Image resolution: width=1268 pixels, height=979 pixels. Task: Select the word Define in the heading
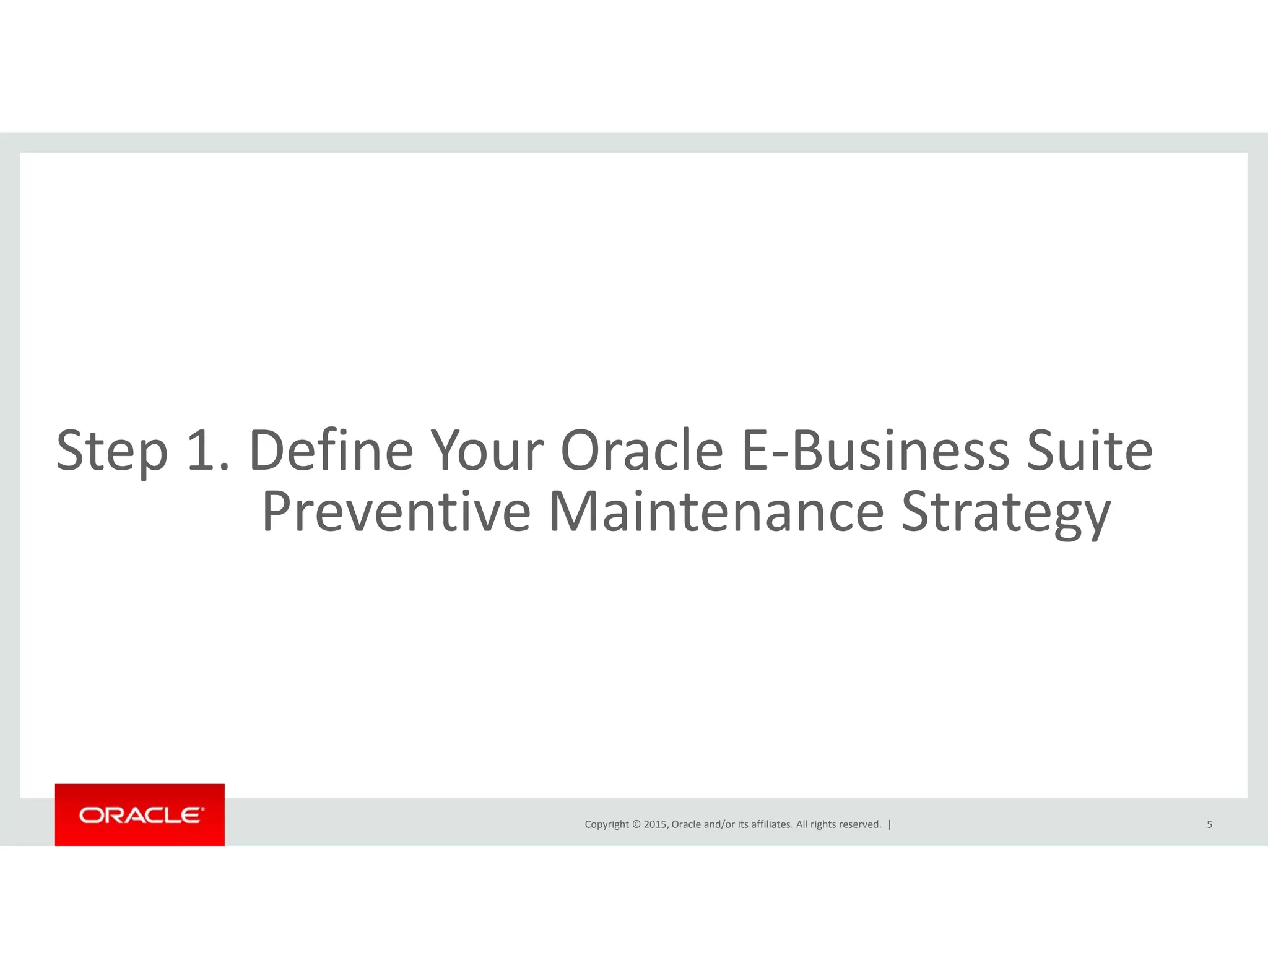tap(331, 450)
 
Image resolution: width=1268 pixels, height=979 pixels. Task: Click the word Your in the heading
tap(487, 450)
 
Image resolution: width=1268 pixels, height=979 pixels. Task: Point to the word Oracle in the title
tap(641, 450)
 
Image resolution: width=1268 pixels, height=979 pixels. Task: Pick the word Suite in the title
tap(1090, 450)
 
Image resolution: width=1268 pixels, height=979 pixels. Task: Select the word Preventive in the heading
tap(396, 512)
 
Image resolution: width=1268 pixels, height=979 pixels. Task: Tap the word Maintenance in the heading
tap(716, 512)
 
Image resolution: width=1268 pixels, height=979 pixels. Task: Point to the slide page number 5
tap(1209, 824)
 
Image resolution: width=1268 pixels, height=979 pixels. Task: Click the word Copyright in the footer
tap(606, 824)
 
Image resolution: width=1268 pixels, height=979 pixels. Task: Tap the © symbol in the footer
tap(636, 824)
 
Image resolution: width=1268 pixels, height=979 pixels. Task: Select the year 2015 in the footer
tap(655, 824)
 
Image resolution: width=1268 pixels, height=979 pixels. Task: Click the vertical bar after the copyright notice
tap(890, 824)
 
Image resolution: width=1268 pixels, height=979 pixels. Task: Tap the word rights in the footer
tap(823, 824)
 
